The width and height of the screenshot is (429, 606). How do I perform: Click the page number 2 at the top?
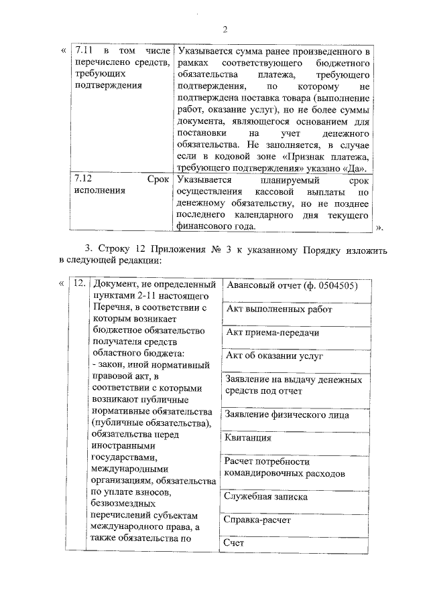click(x=225, y=29)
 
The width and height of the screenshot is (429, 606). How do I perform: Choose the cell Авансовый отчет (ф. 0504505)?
click(x=290, y=286)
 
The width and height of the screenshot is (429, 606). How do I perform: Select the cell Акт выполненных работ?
click(x=279, y=309)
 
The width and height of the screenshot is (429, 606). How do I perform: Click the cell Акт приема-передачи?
click(x=272, y=333)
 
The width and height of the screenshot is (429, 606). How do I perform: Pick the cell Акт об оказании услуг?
click(x=275, y=356)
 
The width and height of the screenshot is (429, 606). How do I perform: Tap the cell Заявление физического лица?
click(x=287, y=414)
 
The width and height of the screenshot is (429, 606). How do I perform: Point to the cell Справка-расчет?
click(x=257, y=520)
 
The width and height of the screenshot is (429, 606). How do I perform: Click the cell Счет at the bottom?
click(x=235, y=543)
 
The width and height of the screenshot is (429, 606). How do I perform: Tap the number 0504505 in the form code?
click(x=332, y=286)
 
